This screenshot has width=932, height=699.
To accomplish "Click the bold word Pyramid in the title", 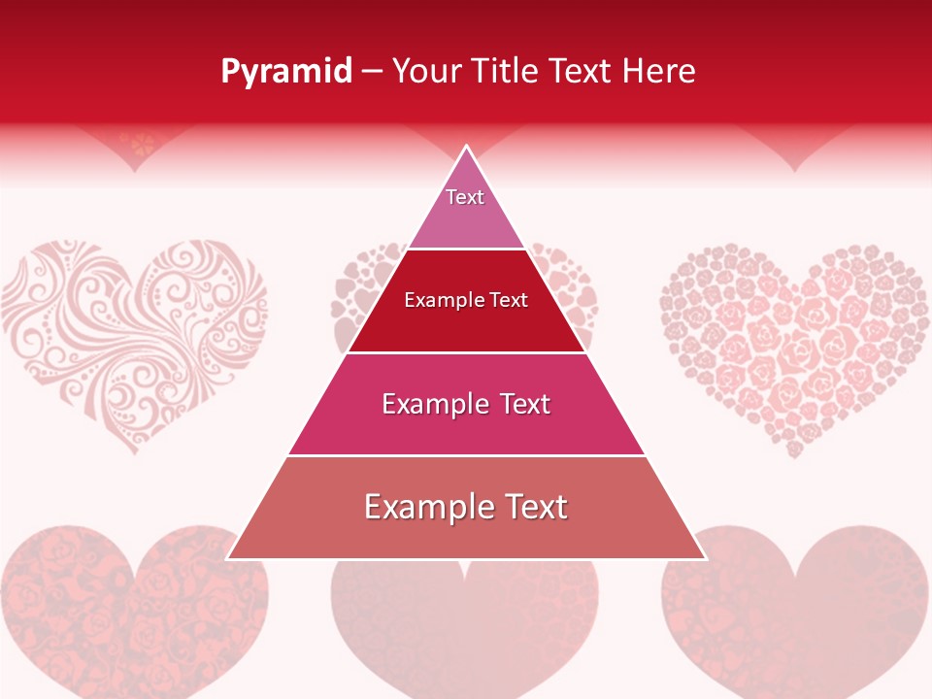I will coord(286,72).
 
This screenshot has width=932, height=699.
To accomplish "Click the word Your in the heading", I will coord(427,72).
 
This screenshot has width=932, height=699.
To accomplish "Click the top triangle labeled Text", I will coord(466,209).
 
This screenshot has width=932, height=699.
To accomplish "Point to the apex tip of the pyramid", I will coord(466,149).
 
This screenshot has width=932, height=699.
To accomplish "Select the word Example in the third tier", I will coord(427,404).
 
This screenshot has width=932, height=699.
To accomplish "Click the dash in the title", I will coord(372,72).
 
